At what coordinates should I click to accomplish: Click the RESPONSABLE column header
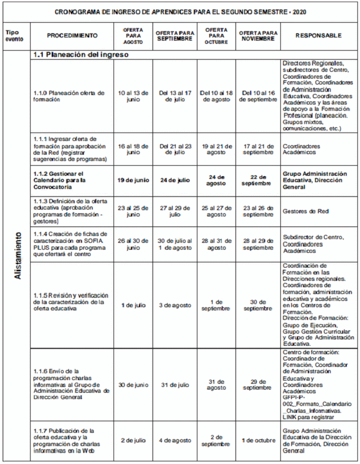[318, 36]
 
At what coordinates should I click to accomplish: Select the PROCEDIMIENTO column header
[72, 36]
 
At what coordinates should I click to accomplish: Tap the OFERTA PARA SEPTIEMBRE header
[174, 36]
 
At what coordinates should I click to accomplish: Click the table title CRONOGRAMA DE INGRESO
[180, 11]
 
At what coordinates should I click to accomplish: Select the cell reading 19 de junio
[133, 179]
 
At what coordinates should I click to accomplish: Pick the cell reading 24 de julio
[174, 179]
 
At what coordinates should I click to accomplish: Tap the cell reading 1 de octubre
[258, 440]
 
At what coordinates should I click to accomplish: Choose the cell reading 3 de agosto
[174, 306]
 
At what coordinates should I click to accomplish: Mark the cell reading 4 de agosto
[174, 440]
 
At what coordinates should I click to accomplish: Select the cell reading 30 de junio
[133, 385]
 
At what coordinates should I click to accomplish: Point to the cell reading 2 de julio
[133, 440]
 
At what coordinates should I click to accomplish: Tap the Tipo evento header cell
[15, 36]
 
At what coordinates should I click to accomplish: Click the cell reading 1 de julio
[133, 306]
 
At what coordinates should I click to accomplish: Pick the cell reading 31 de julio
[174, 385]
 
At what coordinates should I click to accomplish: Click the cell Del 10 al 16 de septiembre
[258, 96]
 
